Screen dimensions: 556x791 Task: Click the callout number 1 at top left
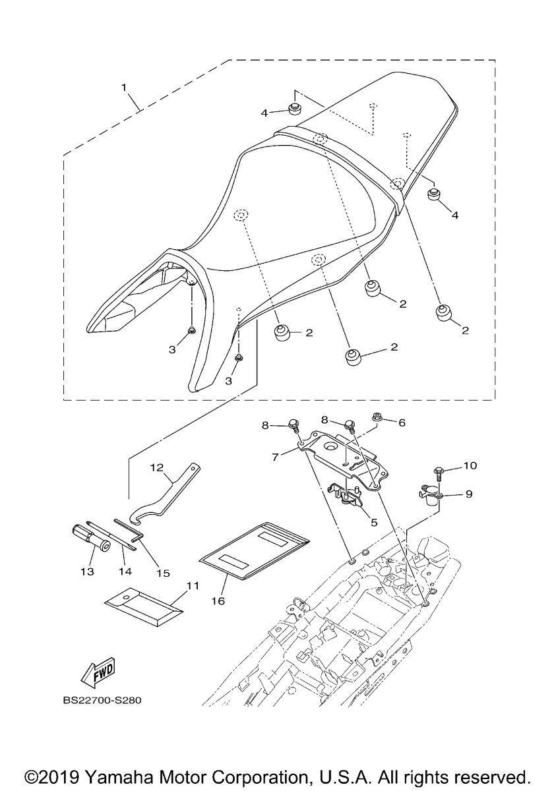(124, 87)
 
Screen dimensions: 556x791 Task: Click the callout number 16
(218, 601)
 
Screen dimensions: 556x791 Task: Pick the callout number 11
(193, 586)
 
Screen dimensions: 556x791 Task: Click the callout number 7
(275, 457)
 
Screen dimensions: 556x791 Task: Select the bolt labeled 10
(437, 473)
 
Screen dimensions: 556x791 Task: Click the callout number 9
(469, 493)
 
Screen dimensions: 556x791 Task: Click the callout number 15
(164, 573)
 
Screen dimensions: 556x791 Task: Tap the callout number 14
(126, 571)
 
